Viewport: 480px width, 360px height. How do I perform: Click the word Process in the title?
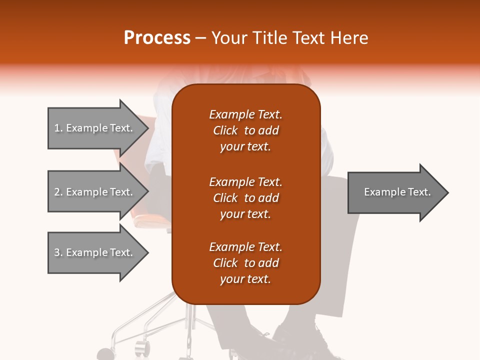157,38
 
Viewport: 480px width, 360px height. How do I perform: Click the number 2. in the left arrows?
58,192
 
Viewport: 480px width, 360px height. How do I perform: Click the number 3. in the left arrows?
58,252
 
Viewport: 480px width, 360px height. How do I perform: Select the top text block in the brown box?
245,130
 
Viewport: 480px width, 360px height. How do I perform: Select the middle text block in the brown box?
245,198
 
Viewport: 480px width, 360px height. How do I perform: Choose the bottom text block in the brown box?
245,263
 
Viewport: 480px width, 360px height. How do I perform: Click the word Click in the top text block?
225,130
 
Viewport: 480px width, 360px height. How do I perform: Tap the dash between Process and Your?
200,38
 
